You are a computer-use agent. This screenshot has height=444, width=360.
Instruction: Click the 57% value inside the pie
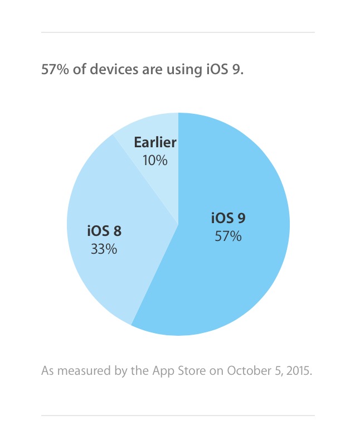coord(228,237)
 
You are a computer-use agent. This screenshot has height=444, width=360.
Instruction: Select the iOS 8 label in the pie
coord(104,230)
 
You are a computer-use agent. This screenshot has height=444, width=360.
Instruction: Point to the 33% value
coord(104,249)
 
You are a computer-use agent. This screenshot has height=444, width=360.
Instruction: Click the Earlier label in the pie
coord(155,142)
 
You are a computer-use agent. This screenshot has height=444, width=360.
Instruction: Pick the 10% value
coord(155,161)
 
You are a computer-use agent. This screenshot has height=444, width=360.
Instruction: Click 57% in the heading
coord(53,71)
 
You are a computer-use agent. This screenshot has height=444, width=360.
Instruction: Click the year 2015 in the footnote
coord(298,370)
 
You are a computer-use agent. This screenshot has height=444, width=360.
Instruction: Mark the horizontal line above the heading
coord(178,32)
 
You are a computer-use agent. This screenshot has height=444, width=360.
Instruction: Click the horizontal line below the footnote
coord(178,416)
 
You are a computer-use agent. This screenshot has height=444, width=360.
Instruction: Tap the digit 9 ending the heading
coord(238,71)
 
